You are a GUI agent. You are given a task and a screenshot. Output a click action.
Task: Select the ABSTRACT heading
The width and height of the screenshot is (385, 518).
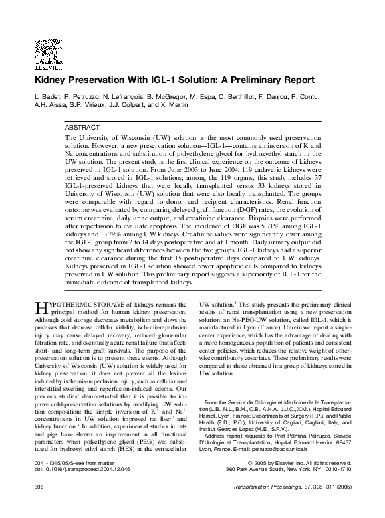tap(82, 126)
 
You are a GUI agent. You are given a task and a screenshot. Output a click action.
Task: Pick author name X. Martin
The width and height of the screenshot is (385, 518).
tap(170, 106)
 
